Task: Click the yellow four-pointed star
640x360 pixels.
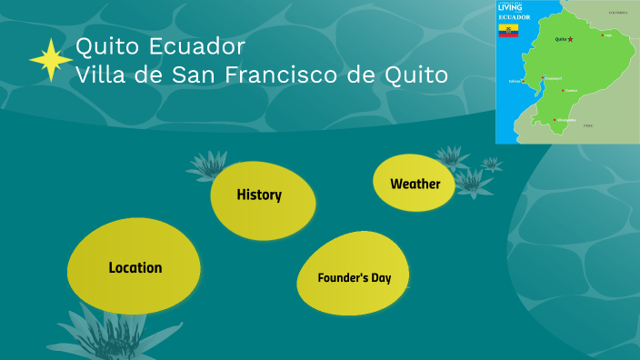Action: click(51, 61)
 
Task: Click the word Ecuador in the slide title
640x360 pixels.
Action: click(205, 45)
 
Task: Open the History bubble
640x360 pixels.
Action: click(259, 195)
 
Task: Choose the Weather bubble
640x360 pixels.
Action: click(415, 184)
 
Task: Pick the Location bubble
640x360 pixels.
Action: click(135, 268)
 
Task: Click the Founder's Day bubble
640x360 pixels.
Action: click(354, 277)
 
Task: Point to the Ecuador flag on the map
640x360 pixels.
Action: click(507, 31)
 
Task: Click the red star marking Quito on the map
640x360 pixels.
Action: click(571, 39)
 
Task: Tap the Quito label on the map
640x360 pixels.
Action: click(560, 39)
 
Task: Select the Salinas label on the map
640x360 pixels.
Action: click(515, 81)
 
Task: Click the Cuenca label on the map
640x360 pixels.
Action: click(571, 91)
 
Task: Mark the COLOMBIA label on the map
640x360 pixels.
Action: click(618, 13)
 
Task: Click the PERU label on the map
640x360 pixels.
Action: click(588, 125)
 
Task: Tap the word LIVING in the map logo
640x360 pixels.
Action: click(511, 7)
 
